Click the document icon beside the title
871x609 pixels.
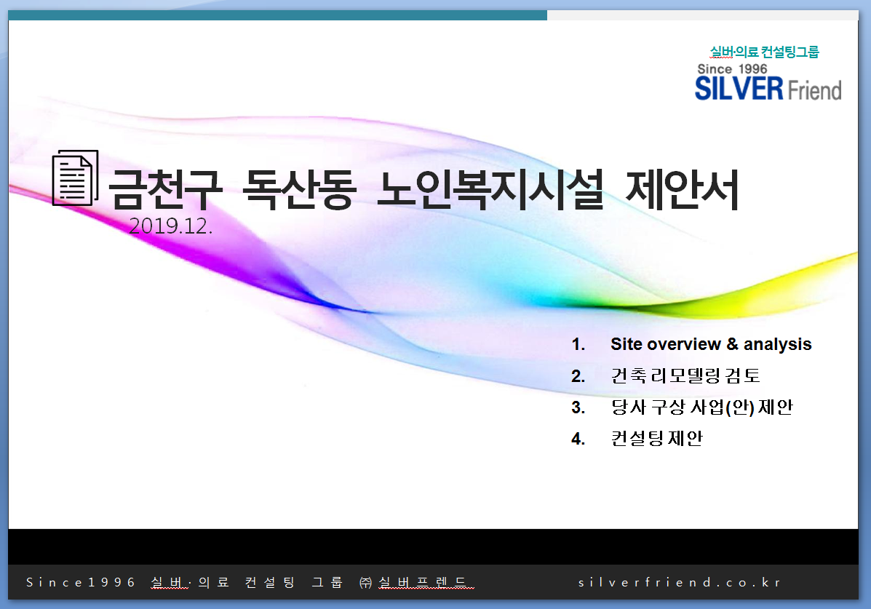click(75, 178)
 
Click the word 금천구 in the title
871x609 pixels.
click(165, 189)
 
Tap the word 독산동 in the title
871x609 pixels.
click(299, 189)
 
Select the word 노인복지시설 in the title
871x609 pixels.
click(490, 189)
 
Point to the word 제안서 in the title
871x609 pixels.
click(682, 189)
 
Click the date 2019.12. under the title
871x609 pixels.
click(170, 226)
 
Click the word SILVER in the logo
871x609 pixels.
click(739, 89)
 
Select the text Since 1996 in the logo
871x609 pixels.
click(732, 69)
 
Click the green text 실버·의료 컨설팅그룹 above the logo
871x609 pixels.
click(764, 52)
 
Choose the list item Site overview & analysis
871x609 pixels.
click(711, 344)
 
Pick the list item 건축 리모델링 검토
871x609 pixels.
click(685, 375)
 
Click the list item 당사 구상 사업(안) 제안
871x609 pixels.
click(702, 407)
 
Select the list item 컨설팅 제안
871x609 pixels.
click(657, 439)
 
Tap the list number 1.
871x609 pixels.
click(578, 344)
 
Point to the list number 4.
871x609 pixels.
click(578, 439)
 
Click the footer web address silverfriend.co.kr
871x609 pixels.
click(680, 582)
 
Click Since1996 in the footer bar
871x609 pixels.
click(81, 582)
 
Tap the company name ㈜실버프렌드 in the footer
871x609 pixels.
click(417, 582)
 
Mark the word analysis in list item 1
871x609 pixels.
click(778, 344)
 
